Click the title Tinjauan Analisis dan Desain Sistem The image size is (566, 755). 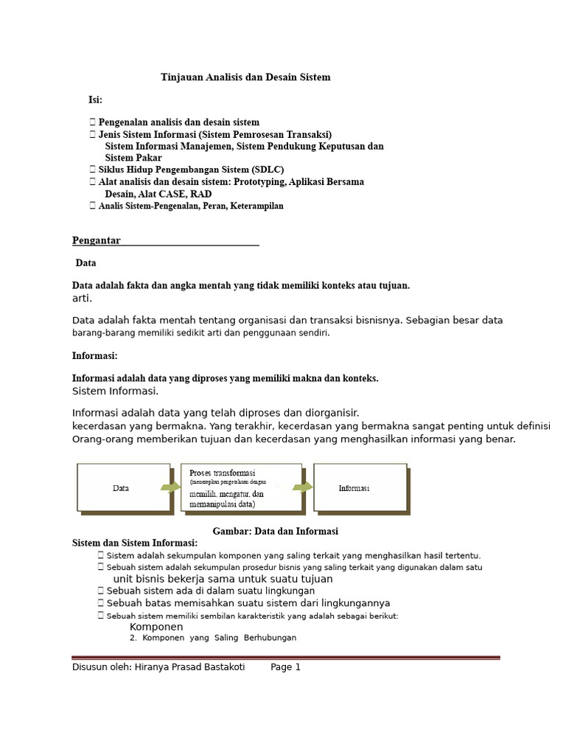[x=245, y=77]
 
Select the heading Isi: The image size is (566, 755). [x=96, y=100]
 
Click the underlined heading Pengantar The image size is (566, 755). [x=97, y=240]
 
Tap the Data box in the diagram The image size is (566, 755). [x=120, y=488]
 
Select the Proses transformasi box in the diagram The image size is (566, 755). [x=240, y=487]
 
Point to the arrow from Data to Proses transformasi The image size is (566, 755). [x=170, y=487]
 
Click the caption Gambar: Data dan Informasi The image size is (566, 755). [x=275, y=531]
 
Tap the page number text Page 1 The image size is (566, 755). [x=286, y=667]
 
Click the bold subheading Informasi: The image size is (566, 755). [x=95, y=355]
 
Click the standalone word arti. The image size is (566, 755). [x=82, y=299]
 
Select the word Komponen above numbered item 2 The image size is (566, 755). [x=156, y=627]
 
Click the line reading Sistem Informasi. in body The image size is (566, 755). [x=115, y=391]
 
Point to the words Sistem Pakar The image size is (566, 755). [x=133, y=158]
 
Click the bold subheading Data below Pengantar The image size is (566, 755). [x=86, y=263]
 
